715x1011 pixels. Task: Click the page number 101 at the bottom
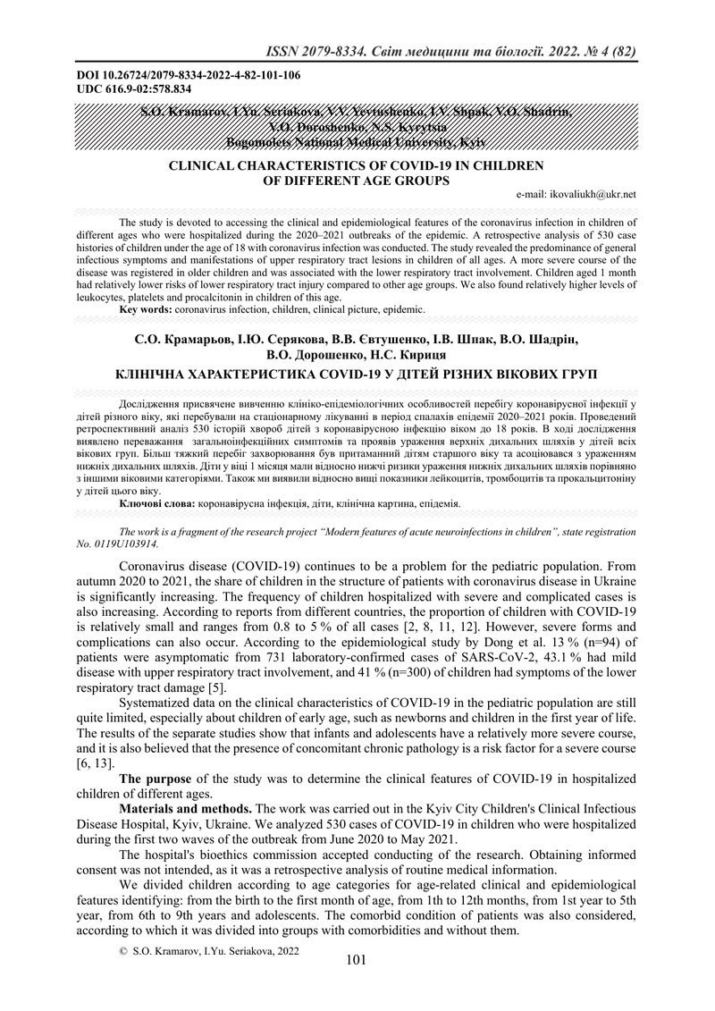tap(356, 961)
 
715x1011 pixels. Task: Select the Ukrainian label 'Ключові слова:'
tap(158, 504)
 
